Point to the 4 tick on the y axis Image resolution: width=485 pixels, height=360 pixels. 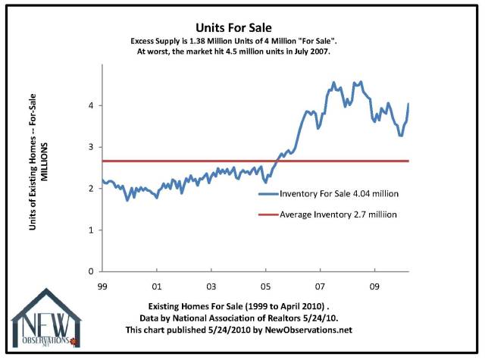(x=90, y=105)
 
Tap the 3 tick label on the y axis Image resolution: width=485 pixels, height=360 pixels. (x=90, y=147)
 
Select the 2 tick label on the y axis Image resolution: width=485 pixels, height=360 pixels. (x=90, y=189)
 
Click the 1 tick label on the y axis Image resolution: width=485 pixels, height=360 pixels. (x=90, y=230)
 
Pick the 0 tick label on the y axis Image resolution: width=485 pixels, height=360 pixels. (x=90, y=271)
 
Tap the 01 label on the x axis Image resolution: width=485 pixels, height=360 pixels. (x=156, y=288)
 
